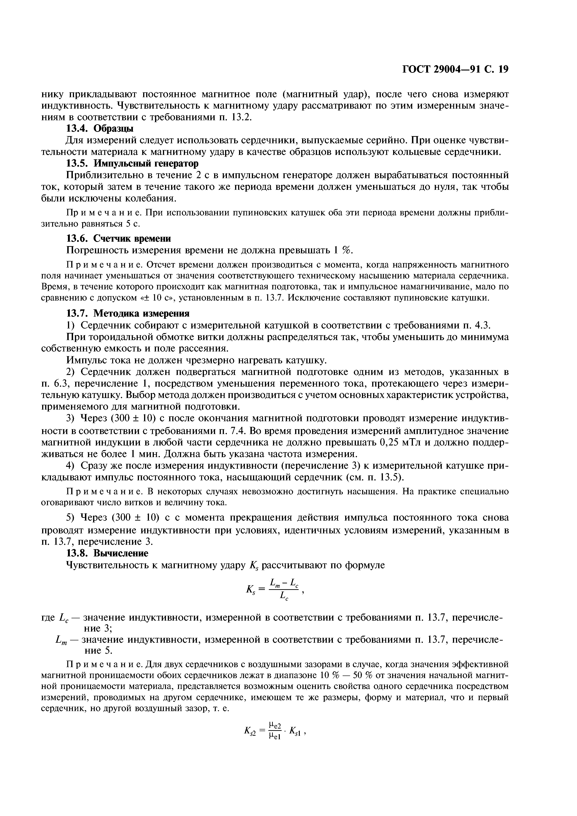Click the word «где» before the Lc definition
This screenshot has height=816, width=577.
click(x=49, y=618)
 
